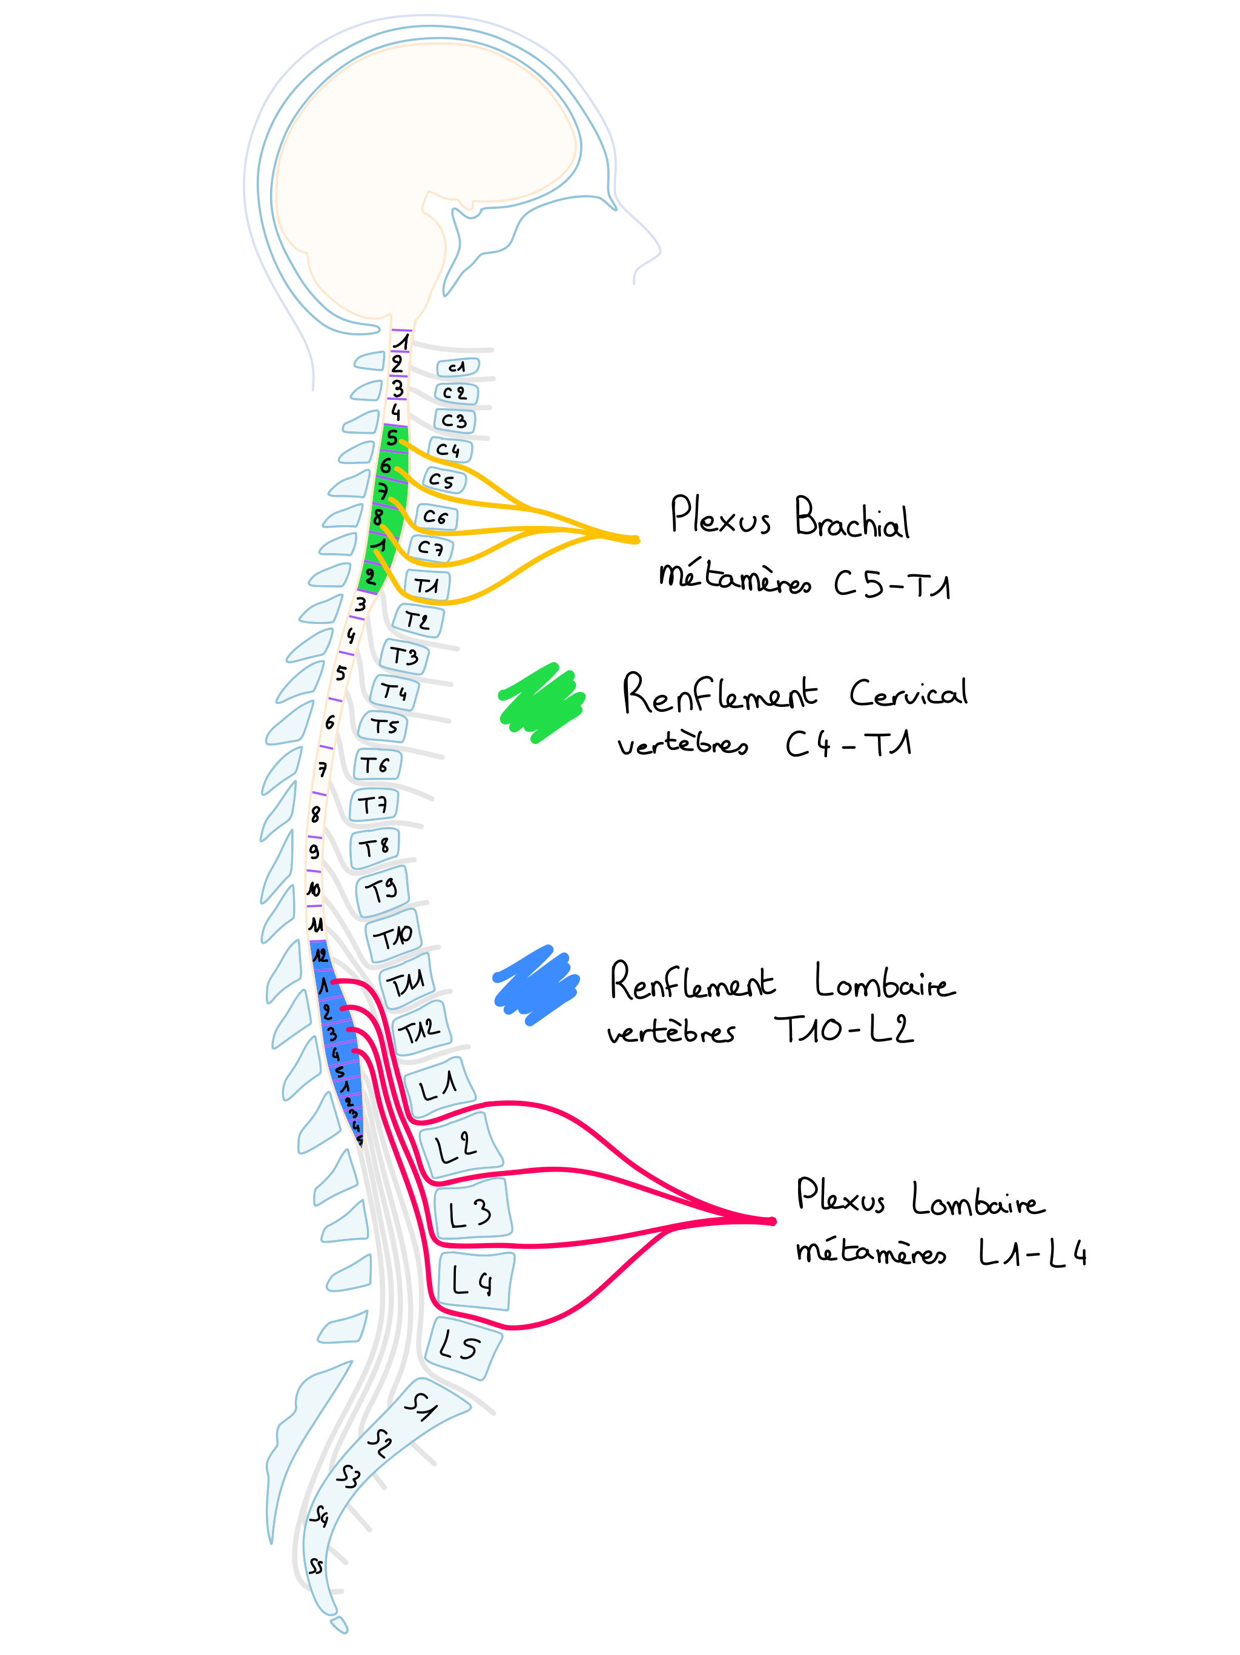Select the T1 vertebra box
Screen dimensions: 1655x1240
[x=427, y=585]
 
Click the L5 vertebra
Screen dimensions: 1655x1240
[x=461, y=1347]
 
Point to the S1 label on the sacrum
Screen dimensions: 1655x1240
[x=421, y=1406]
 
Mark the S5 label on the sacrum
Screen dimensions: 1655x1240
[x=316, y=1566]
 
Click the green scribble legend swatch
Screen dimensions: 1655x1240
[x=541, y=703]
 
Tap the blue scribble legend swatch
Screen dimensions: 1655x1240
[x=535, y=984]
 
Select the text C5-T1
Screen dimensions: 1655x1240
[x=891, y=583]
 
